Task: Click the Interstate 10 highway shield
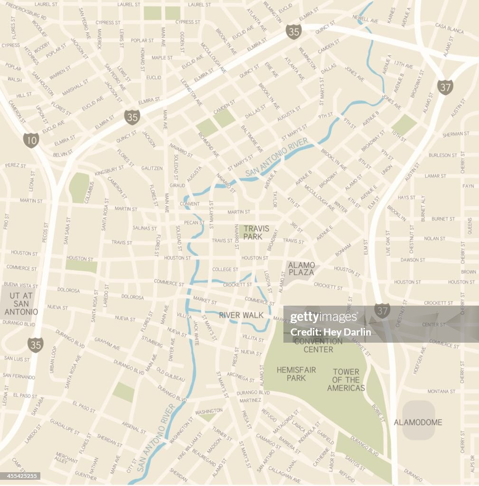(x=31, y=140)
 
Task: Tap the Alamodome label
(x=418, y=422)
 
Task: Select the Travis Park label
(x=256, y=232)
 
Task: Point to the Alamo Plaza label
(x=301, y=269)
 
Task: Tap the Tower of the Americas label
(x=346, y=380)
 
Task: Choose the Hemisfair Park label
(x=291, y=374)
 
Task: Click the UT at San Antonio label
(x=21, y=303)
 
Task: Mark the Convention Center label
(x=318, y=345)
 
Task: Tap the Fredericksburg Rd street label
(x=26, y=12)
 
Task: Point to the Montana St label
(x=441, y=392)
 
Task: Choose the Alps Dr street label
(x=472, y=464)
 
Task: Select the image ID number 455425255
(x=20, y=476)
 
